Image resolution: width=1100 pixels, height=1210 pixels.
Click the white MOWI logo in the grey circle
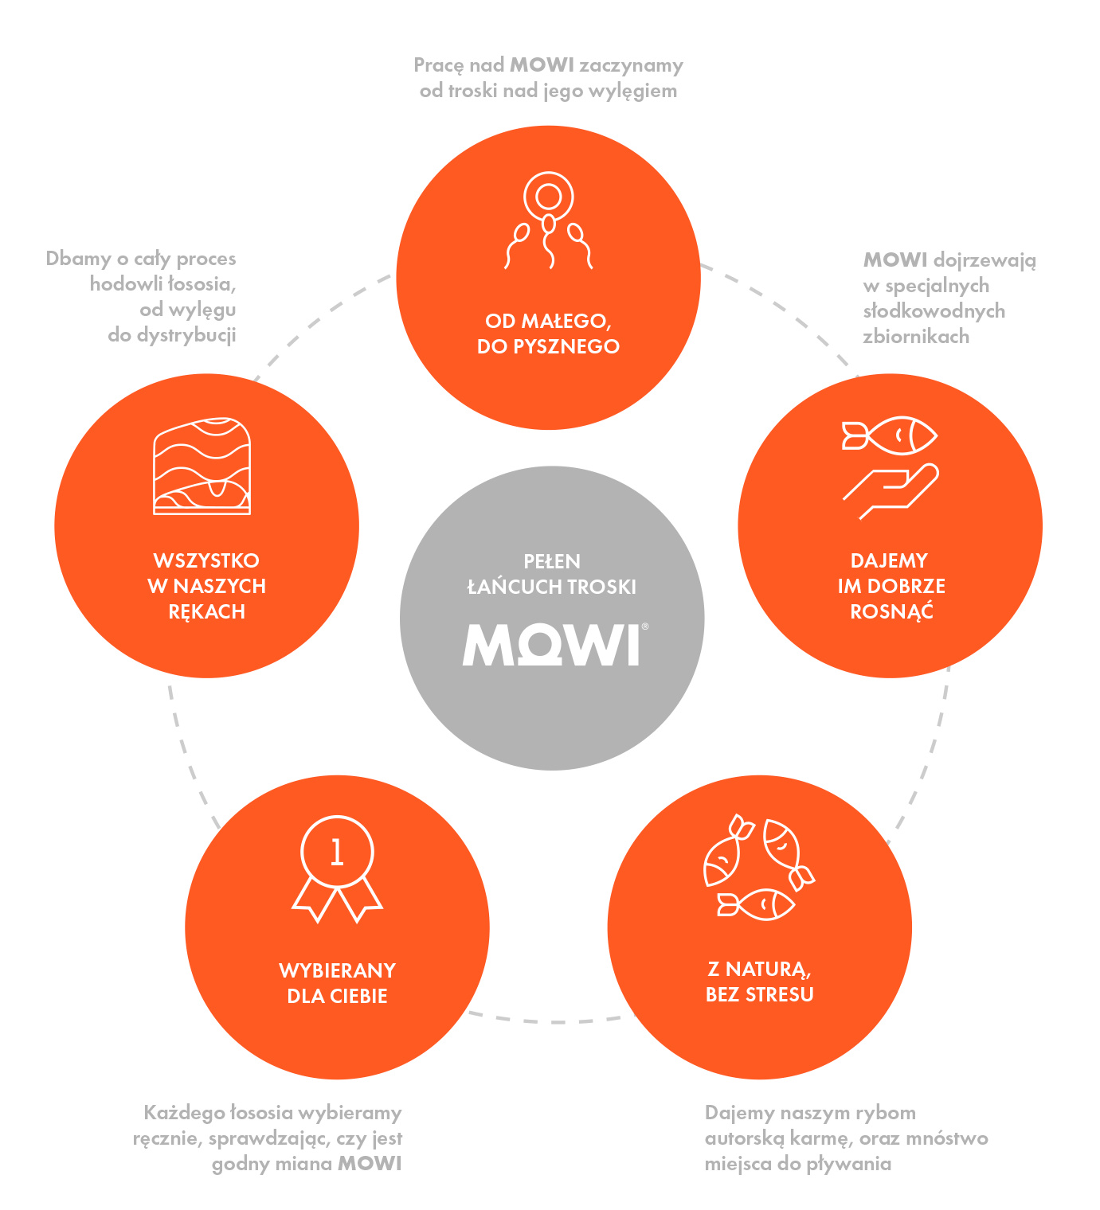pyautogui.click(x=550, y=644)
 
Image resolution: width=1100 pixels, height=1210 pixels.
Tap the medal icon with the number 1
pyautogui.click(x=337, y=868)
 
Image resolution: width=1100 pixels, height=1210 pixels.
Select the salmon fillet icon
pyautogui.click(x=202, y=466)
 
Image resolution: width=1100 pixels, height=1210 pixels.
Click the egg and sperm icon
pyautogui.click(x=548, y=221)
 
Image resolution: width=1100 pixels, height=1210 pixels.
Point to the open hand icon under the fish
pyautogui.click(x=891, y=491)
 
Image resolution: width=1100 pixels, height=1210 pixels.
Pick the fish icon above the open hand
pyautogui.click(x=889, y=435)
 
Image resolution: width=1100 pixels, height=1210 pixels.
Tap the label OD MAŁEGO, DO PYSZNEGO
pyautogui.click(x=548, y=334)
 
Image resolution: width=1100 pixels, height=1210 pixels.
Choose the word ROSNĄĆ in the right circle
pyautogui.click(x=891, y=611)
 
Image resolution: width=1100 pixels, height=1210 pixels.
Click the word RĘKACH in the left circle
pyautogui.click(x=206, y=612)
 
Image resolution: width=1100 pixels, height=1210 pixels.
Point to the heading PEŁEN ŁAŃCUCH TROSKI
pyautogui.click(x=551, y=574)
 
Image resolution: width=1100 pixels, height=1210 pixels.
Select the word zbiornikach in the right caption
pyautogui.click(x=916, y=336)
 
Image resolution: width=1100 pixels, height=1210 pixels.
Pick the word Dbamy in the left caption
pyautogui.click(x=79, y=259)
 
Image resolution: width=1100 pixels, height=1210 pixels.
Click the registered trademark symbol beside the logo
pyautogui.click(x=644, y=626)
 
